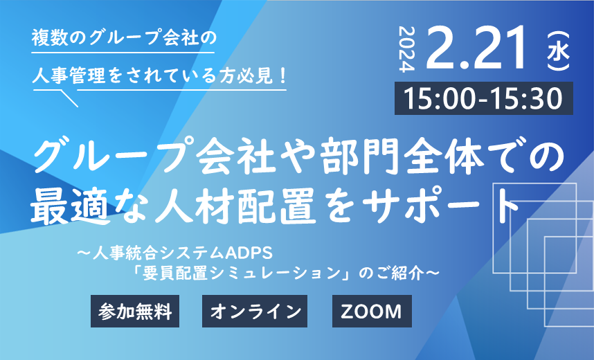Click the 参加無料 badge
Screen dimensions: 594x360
[135, 311]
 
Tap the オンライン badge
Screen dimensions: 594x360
[255, 311]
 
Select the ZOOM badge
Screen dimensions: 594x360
[372, 311]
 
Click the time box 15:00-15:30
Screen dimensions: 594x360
[484, 98]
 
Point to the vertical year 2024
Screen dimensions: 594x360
[408, 49]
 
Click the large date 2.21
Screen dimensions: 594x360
[477, 48]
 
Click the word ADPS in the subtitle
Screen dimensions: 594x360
[249, 253]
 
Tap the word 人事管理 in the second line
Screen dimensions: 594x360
[69, 75]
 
